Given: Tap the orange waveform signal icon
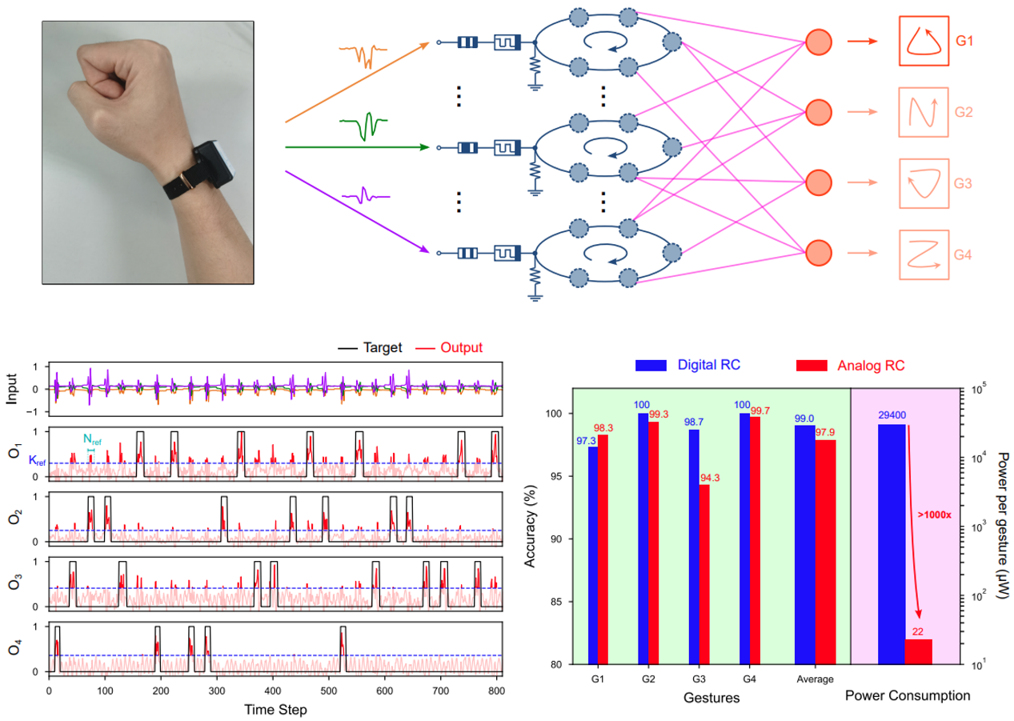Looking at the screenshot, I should (363, 54).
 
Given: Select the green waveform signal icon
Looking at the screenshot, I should (364, 126).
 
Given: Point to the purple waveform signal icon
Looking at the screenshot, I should (365, 194).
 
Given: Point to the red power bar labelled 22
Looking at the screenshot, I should (918, 651).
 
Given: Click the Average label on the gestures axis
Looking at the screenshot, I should (816, 679).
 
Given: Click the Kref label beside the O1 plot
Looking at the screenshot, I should (37, 461).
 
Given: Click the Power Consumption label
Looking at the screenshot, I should (908, 695).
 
